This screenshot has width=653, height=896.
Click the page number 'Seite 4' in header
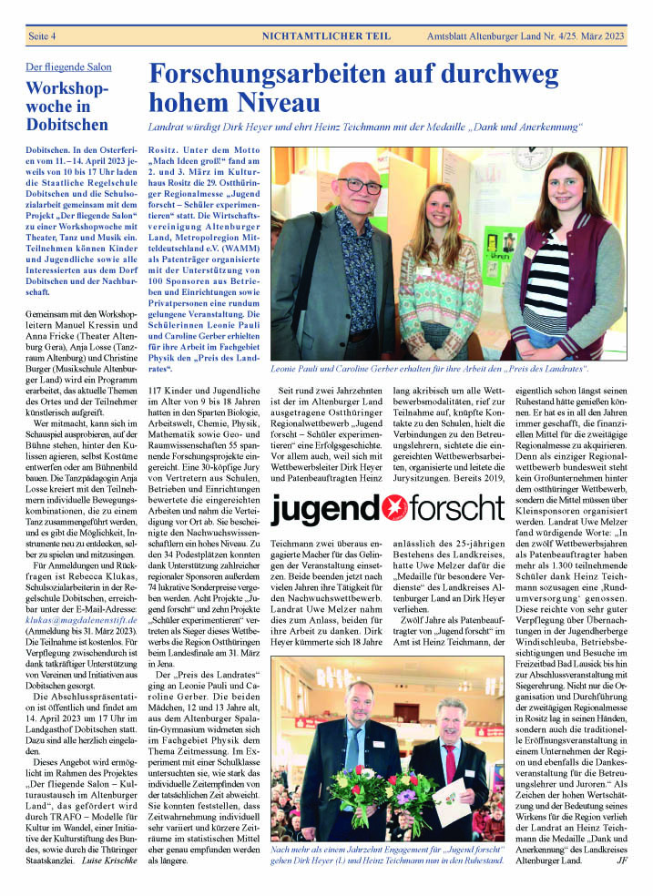click(x=44, y=36)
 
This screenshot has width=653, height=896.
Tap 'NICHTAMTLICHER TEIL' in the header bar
click(x=326, y=36)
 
